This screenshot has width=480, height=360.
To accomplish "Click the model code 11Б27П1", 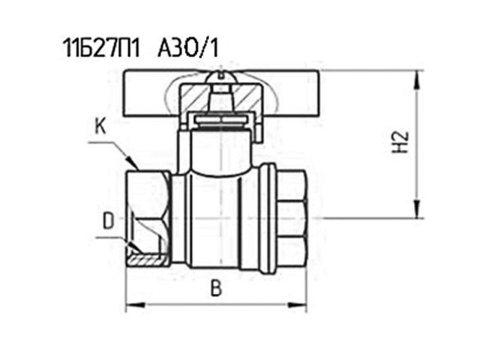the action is pos(101,49).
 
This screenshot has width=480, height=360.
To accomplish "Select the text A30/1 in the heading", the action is pos(188,49).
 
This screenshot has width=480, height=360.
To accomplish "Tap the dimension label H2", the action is pos(400,142).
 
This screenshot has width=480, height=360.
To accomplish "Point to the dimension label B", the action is pos(216,288).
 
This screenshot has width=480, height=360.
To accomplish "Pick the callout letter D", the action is pos(108,221).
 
